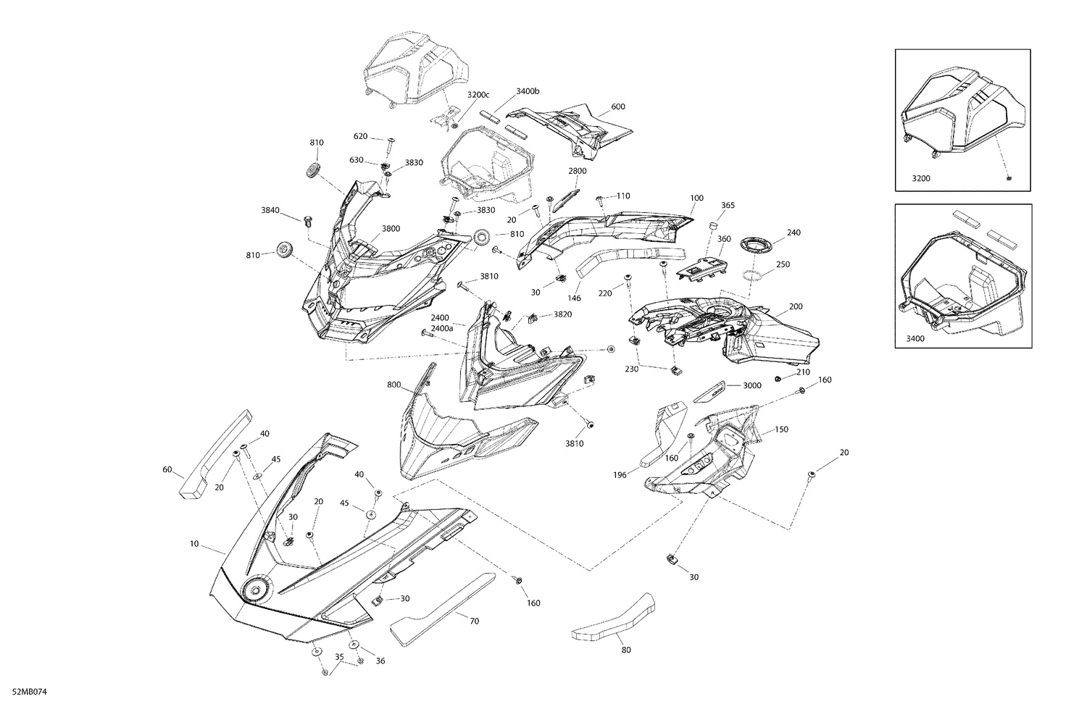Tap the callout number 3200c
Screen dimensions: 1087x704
coord(478,95)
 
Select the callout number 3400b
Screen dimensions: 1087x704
coord(528,91)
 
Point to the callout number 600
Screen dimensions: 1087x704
coord(617,106)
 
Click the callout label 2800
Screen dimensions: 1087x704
coord(578,171)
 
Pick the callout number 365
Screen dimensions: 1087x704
coord(728,205)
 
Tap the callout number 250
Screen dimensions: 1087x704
coord(783,264)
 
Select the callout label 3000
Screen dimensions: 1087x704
coord(752,385)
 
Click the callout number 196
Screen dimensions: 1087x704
coord(620,475)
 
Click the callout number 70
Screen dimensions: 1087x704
coord(475,621)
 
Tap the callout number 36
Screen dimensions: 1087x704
coord(380,661)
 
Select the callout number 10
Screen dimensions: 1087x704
coord(194,544)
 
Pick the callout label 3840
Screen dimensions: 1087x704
coord(270,210)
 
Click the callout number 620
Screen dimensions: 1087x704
coord(361,136)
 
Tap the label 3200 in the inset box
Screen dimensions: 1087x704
coord(921,178)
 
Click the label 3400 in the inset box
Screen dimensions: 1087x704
coord(915,338)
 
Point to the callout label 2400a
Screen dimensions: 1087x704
coord(442,328)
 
